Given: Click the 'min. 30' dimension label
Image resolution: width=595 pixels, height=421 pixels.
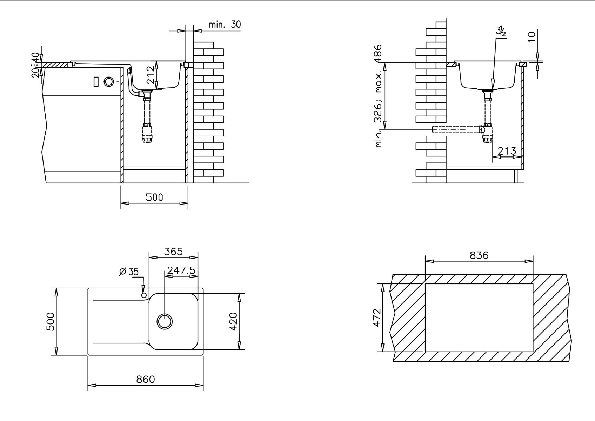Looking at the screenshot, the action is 225,25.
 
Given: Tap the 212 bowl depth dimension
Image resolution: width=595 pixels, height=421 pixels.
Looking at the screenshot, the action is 150,75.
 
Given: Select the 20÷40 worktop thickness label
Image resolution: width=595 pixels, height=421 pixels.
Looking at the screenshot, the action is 36,65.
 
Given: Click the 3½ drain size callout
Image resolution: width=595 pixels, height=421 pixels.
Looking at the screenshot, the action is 501,31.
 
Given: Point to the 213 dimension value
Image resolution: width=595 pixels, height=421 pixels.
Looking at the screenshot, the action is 507,151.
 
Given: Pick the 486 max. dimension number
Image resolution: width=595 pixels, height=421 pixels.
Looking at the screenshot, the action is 378,54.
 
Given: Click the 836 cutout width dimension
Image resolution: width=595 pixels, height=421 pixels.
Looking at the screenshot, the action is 479,255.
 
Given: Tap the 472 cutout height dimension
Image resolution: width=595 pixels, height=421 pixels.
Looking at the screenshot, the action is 377,318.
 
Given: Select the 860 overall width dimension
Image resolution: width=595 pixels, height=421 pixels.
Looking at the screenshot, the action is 145,379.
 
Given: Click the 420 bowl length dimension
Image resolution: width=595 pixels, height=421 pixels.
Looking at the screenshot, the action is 233,321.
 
